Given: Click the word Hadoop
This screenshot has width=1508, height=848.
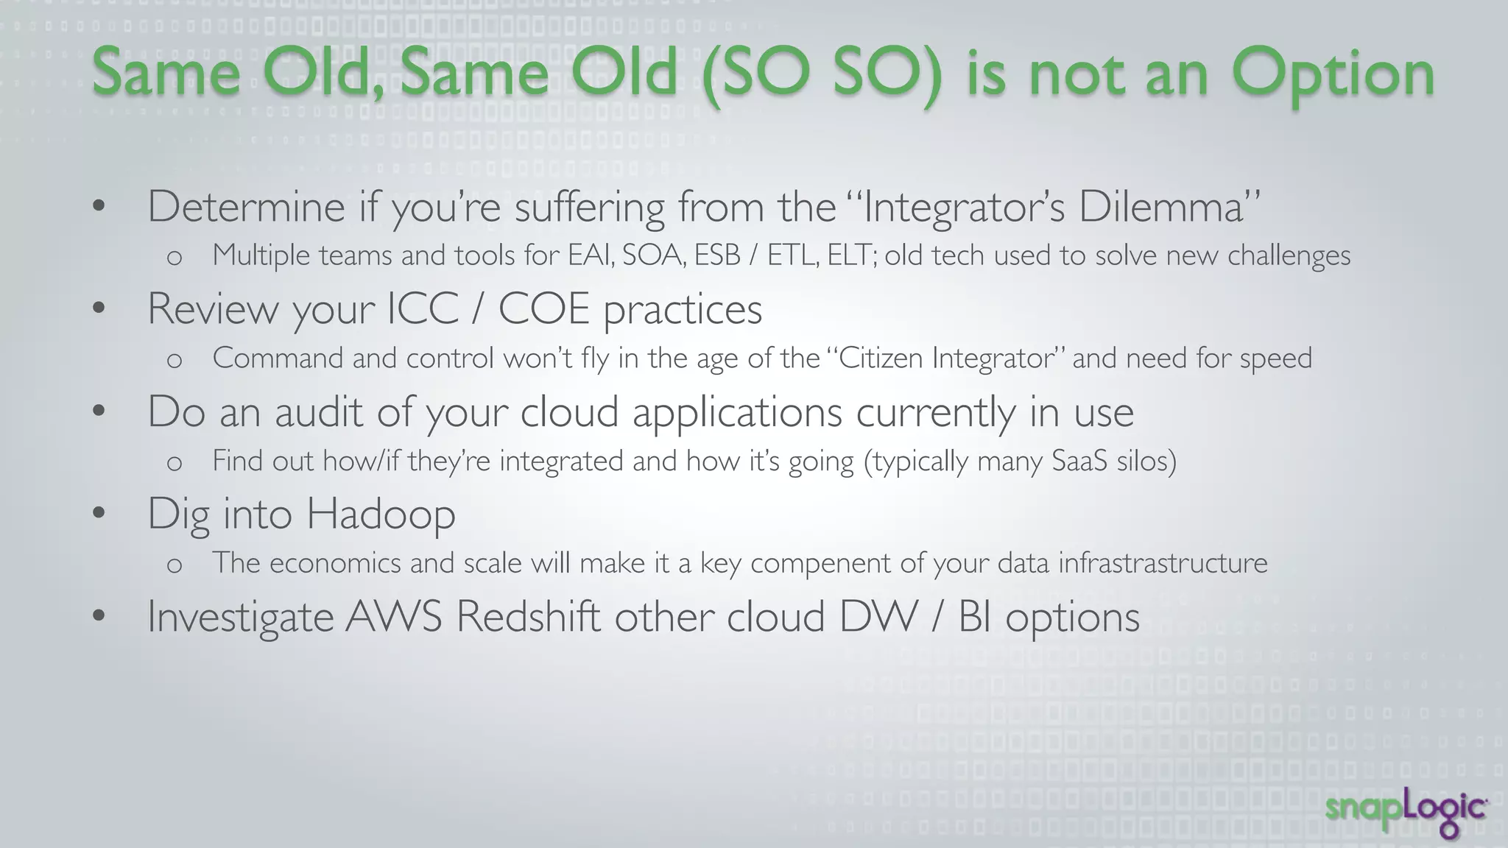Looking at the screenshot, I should coord(381,514).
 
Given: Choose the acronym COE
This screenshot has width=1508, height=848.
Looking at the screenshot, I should coord(543,309).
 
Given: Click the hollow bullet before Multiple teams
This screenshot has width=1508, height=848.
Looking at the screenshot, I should coord(175,257).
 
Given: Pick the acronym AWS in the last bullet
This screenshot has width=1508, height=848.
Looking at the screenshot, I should coord(393,616).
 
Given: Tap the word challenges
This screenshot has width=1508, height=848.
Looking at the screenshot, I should coord(1289,256).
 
